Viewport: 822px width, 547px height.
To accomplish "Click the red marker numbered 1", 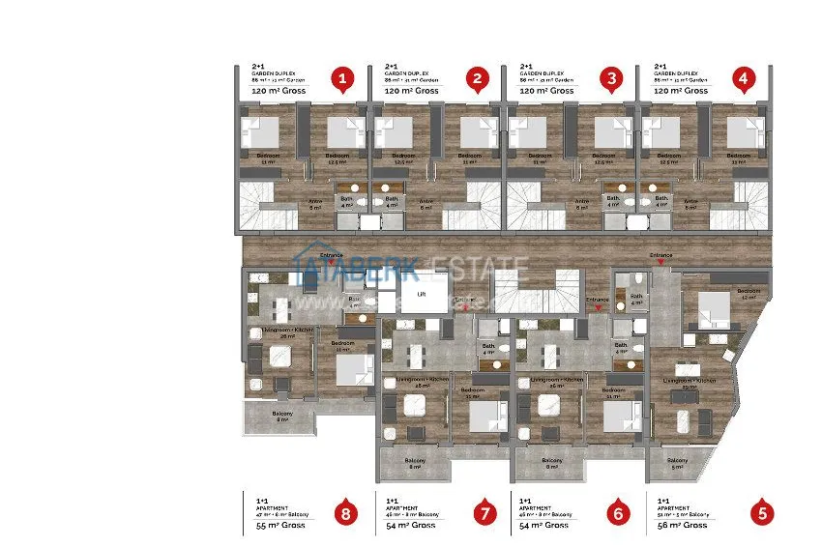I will [340, 79].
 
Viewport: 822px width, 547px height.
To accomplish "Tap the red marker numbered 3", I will [609, 79].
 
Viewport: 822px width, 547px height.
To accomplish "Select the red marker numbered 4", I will [743, 79].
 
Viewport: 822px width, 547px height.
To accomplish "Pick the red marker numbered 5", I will [763, 513].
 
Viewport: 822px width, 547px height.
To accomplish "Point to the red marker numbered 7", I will [483, 513].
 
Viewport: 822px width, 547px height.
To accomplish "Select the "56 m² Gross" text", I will [682, 525].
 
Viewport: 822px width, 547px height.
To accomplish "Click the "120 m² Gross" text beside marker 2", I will [413, 91].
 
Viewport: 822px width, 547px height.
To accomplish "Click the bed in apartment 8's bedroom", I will [353, 368].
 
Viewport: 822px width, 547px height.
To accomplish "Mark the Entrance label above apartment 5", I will [661, 255].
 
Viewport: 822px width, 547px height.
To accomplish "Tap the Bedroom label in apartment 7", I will [473, 390].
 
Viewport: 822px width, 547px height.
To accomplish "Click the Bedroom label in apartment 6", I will [611, 390].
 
